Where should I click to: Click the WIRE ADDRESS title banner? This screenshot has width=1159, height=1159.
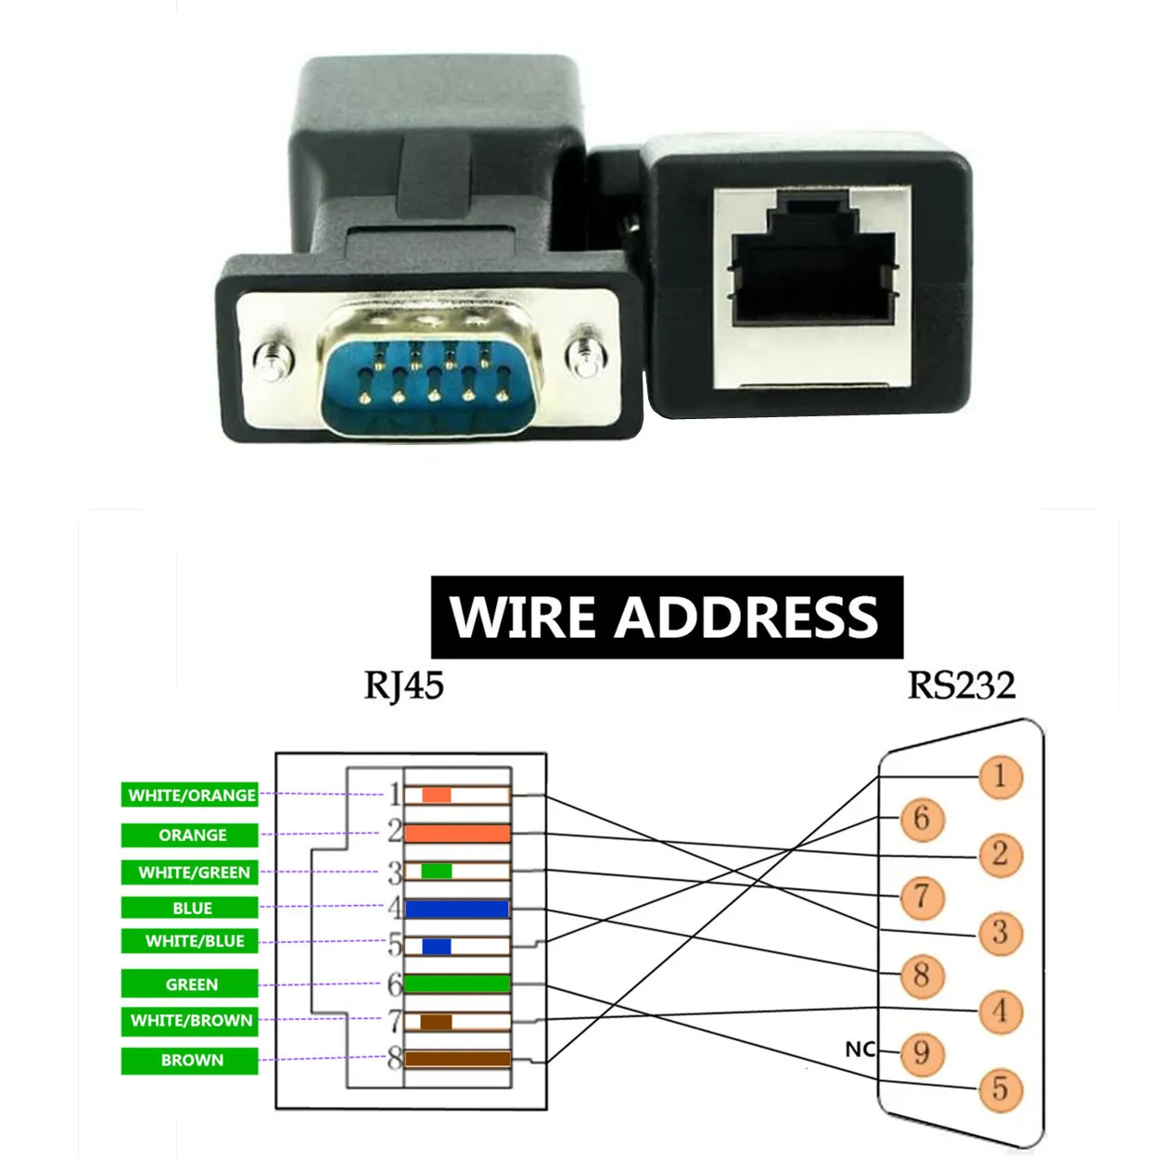[666, 618]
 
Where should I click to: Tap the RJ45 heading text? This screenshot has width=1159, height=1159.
[403, 686]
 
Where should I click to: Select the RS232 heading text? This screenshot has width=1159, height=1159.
[962, 686]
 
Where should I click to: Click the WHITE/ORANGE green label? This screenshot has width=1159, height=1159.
[191, 796]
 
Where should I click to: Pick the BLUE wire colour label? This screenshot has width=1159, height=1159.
[191, 908]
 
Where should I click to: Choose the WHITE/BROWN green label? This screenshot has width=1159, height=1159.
[191, 1021]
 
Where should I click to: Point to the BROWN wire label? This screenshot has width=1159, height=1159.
[191, 1061]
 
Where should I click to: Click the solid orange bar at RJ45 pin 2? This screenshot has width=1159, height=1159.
[457, 834]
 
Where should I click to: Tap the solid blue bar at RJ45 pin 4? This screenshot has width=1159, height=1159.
[457, 909]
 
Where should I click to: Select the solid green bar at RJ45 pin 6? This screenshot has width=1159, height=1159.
[457, 984]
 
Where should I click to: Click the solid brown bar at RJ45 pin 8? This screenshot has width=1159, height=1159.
[457, 1059]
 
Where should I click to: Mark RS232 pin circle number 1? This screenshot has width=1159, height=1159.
[1000, 776]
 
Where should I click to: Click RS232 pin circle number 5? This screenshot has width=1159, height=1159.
[1000, 1089]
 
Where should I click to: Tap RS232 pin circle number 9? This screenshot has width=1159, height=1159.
[921, 1052]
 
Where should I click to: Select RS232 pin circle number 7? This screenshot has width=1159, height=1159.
[921, 897]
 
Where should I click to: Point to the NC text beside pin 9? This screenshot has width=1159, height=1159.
[860, 1049]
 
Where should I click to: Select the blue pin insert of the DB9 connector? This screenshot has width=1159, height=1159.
[431, 380]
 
